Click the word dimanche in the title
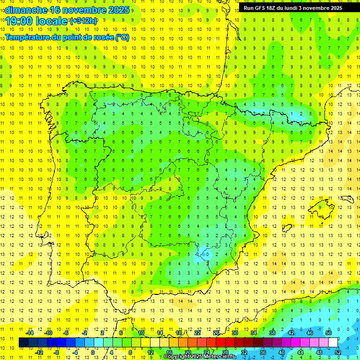[25, 10]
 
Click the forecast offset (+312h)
[83, 21]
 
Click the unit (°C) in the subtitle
[122, 37]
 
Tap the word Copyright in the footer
[180, 357]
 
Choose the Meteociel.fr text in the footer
[223, 357]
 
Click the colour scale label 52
[338, 352]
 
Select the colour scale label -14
[30, 333]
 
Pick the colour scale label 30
[234, 333]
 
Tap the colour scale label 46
[309, 333]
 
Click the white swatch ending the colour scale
[333, 342]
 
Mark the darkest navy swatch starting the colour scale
[23, 342]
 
